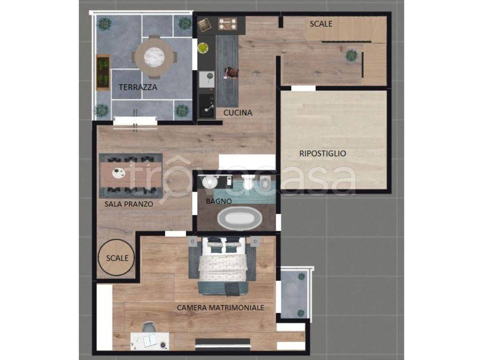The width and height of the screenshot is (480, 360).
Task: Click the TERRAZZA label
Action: coord(138,87)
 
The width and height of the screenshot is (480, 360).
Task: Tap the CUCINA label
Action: coord(238,112)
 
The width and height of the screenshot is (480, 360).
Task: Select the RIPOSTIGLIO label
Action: coord(322,153)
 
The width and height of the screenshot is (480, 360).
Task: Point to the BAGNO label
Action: coord(218,201)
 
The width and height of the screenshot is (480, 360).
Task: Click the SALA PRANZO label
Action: coord(128,204)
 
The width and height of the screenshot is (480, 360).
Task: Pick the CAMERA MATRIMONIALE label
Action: coord(220,307)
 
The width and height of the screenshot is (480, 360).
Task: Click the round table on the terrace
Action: coord(154,57)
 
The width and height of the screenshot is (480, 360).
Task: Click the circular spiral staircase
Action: coord(117,258)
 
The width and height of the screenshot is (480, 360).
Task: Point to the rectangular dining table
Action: coord(131,175)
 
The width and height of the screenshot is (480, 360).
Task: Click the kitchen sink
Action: coord(207,105)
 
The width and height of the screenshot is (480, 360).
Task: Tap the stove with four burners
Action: coord(228,24)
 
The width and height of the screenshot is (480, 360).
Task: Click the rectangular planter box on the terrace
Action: coord(103,72)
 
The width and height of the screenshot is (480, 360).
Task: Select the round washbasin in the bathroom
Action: coord(210,182)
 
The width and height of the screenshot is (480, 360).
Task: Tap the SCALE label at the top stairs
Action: coord(321,23)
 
